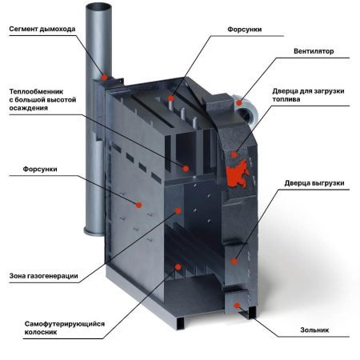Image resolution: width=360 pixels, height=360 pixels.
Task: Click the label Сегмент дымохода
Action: point(42,29)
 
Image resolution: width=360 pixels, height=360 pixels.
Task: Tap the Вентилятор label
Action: point(314,51)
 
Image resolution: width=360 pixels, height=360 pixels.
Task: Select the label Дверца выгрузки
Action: point(314,183)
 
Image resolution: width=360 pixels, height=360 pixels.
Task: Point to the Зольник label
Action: point(314,330)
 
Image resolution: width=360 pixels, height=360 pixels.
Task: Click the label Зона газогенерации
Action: point(43,276)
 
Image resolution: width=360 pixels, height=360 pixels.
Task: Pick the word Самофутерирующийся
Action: point(65,324)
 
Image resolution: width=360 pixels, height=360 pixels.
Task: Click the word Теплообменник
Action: point(36,91)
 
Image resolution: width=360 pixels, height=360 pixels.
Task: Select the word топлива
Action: point(286,99)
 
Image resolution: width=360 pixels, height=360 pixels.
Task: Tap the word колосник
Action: point(41,332)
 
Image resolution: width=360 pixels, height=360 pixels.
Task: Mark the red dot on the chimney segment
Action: point(105,78)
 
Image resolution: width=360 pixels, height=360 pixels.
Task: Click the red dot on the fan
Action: point(239,103)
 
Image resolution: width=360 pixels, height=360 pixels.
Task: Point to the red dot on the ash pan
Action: point(237,306)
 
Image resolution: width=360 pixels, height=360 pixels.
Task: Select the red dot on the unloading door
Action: point(234,262)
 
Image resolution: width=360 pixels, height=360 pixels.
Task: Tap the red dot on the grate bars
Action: point(178,266)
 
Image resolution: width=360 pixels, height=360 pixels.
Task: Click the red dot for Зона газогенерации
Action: point(178,211)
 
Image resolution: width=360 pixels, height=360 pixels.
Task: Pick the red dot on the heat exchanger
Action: point(186,169)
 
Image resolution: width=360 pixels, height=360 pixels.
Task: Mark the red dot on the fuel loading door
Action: point(234,154)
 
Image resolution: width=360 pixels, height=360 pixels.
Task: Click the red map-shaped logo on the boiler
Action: point(238,174)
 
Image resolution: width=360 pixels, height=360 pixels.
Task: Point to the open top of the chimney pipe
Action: point(98,7)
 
